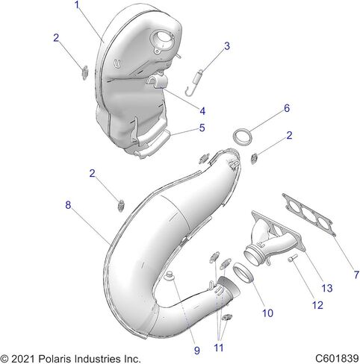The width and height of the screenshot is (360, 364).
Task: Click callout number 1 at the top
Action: pos(77,5)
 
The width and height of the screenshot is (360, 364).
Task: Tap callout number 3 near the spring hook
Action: pos(227,46)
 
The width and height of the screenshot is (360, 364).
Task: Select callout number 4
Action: pos(202,111)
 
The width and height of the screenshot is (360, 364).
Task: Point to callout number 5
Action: pos(202,128)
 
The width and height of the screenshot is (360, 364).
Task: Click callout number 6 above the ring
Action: pos(287,108)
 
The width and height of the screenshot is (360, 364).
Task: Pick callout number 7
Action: pos(356,275)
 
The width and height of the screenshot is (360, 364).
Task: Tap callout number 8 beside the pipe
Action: pos(68,205)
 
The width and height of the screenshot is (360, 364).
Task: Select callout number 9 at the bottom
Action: pos(197,351)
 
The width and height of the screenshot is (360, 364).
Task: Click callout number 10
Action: pos(267,313)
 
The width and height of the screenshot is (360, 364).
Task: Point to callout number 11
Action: pos(219,348)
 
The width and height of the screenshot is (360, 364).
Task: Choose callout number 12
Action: pos(317,305)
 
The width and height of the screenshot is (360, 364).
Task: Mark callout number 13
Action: pos(327,288)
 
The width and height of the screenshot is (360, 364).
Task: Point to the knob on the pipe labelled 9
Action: pos(170,275)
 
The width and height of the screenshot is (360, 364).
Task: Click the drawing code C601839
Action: pos(337,359)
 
